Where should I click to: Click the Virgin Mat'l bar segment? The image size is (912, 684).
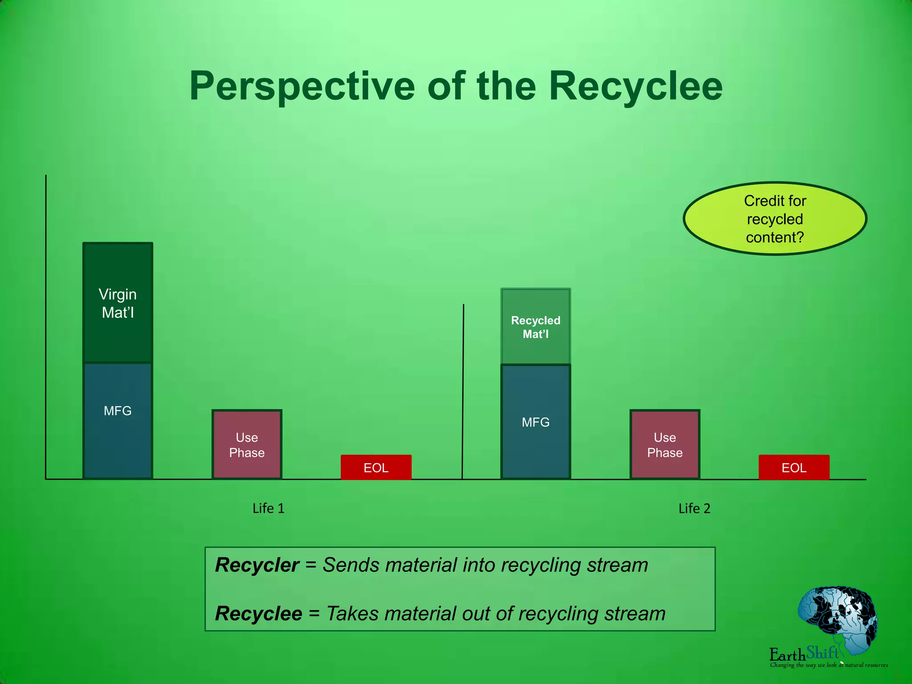coord(118,303)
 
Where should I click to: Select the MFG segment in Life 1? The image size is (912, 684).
coord(118,421)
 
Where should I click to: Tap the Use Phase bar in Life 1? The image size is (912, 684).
coord(247,444)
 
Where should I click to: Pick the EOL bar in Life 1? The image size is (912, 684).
coord(376,467)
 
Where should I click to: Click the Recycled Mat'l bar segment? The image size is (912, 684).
coord(536,326)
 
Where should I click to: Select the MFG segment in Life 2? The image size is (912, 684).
coord(536,422)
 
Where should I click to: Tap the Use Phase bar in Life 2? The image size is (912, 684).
coord(665,444)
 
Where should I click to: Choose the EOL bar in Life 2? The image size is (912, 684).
coord(794,467)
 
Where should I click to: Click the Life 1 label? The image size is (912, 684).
coord(268,508)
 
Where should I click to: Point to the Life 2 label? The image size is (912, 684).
coord(694,508)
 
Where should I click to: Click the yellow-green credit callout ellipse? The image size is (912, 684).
coord(775,219)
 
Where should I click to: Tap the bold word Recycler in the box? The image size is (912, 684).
coord(257,565)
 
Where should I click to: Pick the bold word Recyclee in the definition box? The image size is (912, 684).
coord(258,614)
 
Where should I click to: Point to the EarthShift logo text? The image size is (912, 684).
coord(804,654)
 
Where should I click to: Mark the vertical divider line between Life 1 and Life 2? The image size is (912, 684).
coord(463,392)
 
